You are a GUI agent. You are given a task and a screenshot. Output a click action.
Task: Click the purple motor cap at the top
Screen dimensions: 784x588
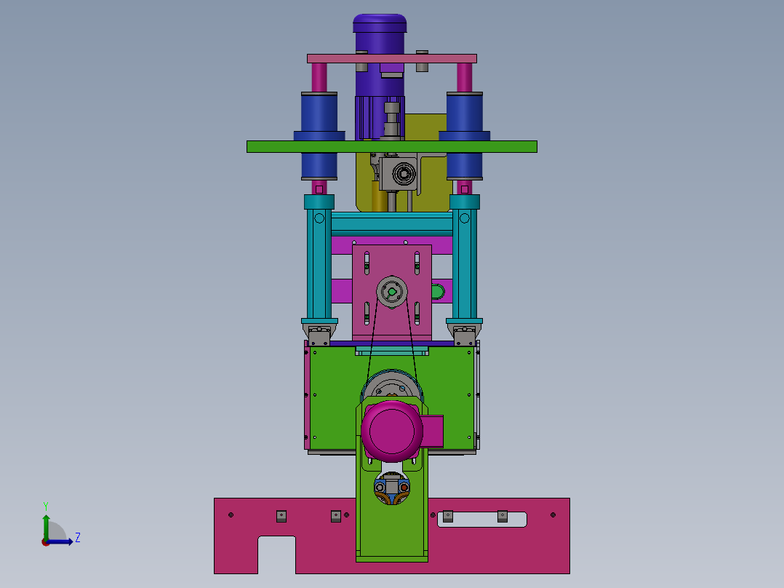pos(380,23)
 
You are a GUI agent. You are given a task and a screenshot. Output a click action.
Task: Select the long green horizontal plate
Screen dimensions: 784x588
pos(392,146)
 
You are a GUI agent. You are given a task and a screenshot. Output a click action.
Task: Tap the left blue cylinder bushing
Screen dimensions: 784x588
pos(319,135)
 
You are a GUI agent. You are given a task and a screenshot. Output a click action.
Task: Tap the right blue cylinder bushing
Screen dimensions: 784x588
pos(465,135)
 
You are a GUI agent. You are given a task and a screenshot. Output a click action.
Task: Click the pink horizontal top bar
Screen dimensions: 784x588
pos(392,58)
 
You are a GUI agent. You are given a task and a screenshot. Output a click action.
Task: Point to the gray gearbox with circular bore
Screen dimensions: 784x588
pos(398,174)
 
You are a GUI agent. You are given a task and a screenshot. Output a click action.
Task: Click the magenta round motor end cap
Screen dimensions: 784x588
pos(392,431)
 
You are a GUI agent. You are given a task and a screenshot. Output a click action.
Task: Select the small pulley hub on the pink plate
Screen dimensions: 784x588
pos(392,292)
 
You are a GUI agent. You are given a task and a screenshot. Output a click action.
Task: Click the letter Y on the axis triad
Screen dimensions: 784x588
pos(46,506)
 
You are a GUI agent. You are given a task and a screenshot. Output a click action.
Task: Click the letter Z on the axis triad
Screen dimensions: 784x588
pos(78,538)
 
